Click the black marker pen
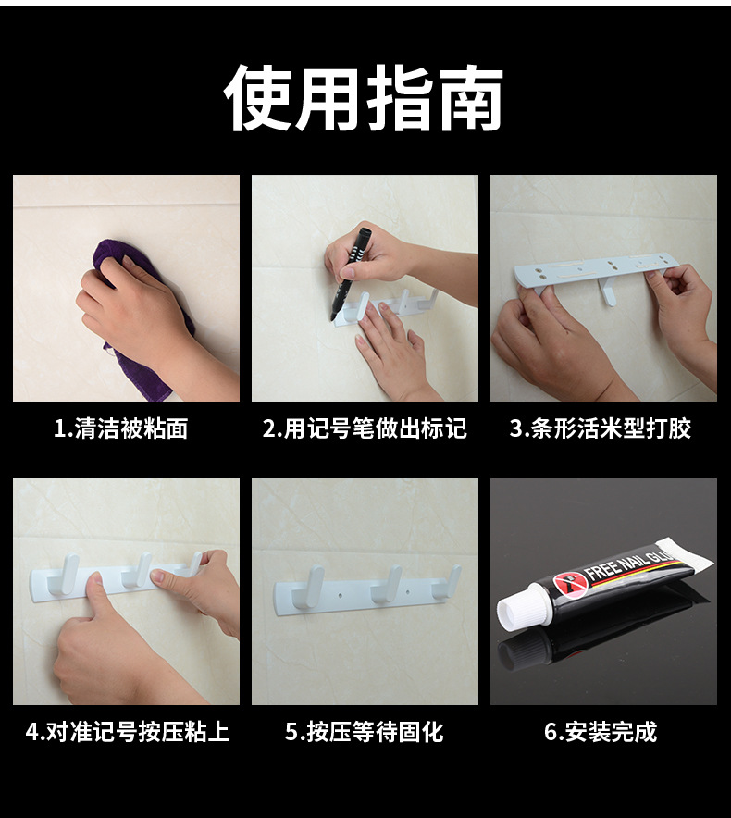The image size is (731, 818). click(349, 272)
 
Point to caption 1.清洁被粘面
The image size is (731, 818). click(121, 428)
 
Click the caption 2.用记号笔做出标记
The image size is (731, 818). click(365, 428)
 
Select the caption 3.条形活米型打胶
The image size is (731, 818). click(601, 428)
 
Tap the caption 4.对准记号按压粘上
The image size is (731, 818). click(128, 731)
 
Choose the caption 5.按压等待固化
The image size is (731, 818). click(365, 731)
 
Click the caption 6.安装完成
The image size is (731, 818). click(601, 731)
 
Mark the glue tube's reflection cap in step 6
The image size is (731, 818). click(516, 653)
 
